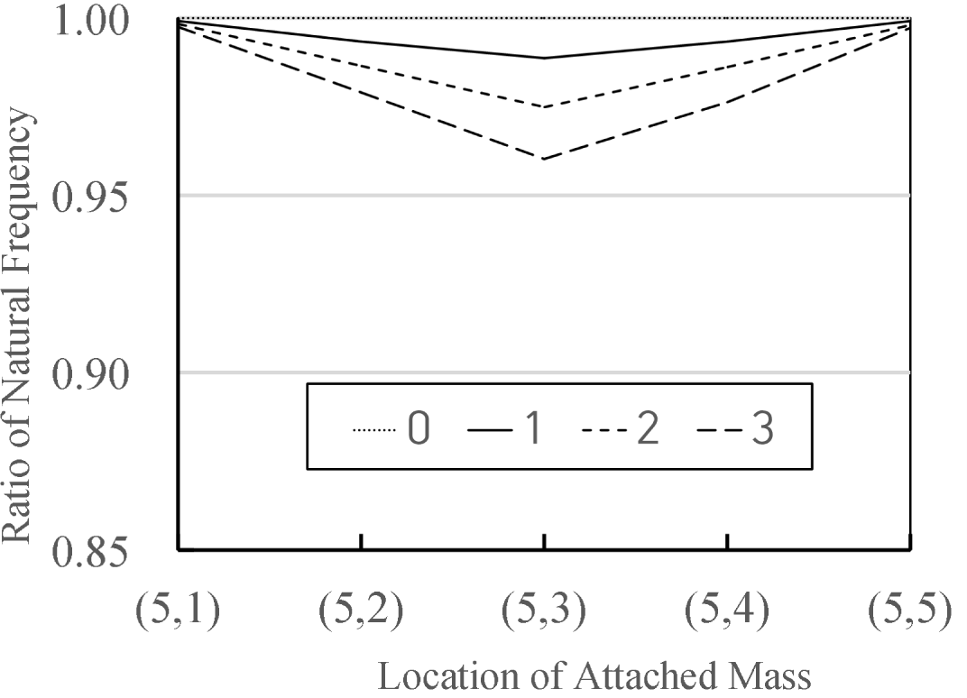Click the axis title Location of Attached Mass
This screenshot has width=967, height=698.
point(594,675)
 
